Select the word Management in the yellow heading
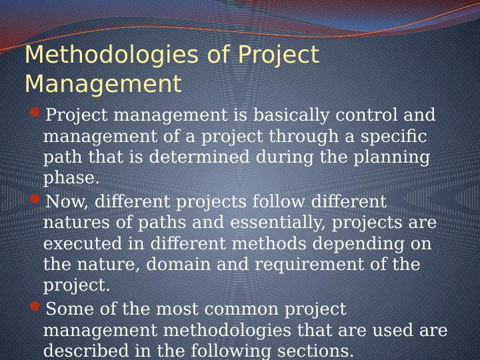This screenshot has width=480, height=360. [x=103, y=85]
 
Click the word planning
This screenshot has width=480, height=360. [x=393, y=158]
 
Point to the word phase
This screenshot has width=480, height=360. [x=71, y=179]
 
